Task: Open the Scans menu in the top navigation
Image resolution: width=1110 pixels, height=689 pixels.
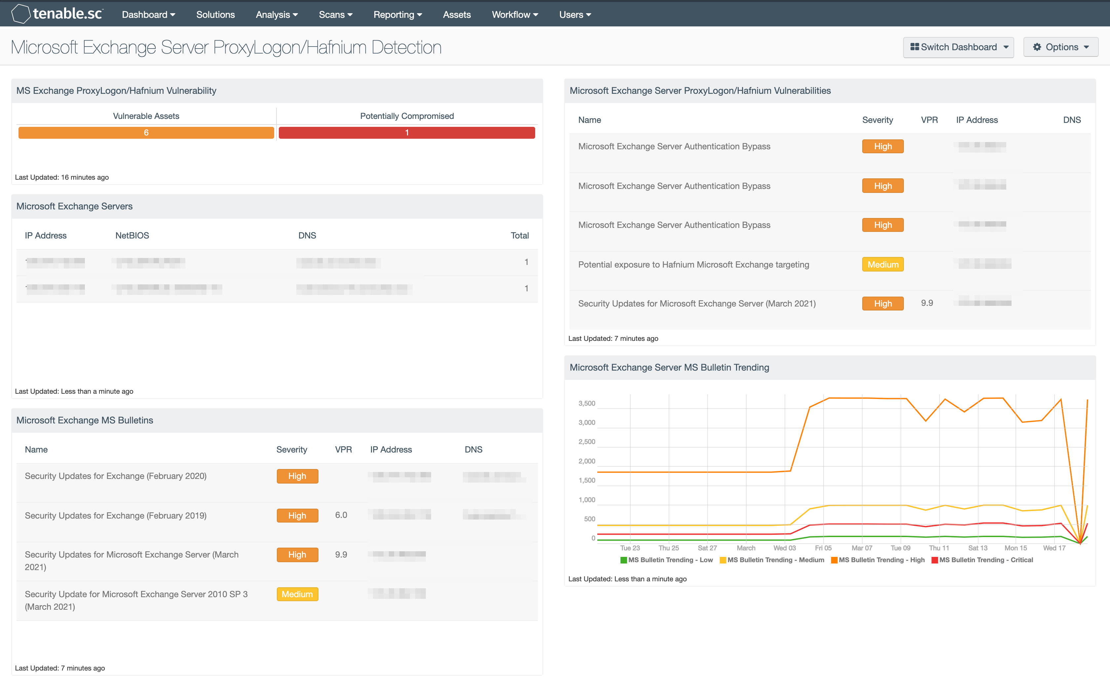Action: coord(335,15)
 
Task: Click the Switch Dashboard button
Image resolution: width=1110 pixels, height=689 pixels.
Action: coord(958,47)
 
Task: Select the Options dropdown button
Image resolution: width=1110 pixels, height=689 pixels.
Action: coord(1060,47)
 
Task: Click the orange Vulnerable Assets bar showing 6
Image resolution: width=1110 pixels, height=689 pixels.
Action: coord(146,132)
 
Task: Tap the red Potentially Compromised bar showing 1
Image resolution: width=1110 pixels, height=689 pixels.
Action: coord(406,132)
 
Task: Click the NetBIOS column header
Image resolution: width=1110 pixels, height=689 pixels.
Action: coord(132,236)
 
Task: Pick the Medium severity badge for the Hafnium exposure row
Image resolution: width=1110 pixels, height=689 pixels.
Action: coord(883,264)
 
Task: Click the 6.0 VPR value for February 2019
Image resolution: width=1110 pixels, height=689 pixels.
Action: coord(341,515)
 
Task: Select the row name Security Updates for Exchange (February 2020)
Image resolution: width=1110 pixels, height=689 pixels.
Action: coord(116,476)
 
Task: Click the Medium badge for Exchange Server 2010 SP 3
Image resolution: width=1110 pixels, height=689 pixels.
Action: coord(297,594)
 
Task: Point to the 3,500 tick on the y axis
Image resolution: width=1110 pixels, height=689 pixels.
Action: coord(587,403)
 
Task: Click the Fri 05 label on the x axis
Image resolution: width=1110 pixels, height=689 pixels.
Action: coord(823,548)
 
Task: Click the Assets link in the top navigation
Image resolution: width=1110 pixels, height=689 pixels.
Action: coord(457,15)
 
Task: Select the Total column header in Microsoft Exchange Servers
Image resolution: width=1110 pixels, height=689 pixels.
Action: coord(519,236)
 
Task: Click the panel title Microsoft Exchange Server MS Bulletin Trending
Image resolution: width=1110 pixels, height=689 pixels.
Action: coord(669,367)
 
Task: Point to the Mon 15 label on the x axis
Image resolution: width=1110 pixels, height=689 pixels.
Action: coord(1016,548)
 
